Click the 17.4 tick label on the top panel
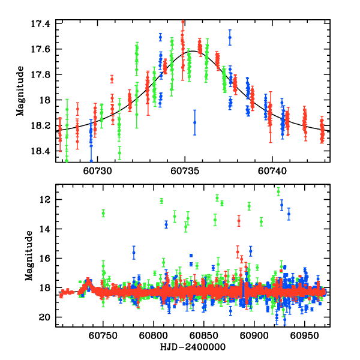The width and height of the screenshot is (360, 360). tap(44, 23)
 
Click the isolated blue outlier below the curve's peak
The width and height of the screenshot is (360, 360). tap(194, 122)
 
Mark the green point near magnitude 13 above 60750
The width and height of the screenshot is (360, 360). tap(103, 213)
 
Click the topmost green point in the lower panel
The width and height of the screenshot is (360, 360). tap(278, 191)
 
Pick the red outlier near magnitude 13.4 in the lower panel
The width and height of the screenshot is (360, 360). tap(239, 220)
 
